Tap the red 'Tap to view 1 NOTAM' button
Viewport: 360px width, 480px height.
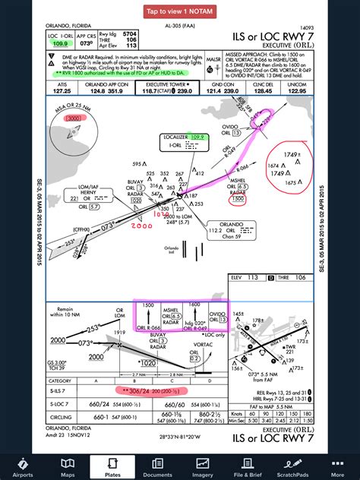[180, 11]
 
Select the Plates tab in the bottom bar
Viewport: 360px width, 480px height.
[112, 466]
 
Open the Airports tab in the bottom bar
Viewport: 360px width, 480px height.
[22, 466]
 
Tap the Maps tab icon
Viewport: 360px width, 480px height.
[67, 466]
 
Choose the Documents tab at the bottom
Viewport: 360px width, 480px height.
[157, 466]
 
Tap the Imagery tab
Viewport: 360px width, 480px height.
[203, 466]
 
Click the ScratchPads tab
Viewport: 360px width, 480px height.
[292, 466]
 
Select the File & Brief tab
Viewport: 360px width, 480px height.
[248, 466]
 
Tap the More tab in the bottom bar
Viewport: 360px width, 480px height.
[337, 466]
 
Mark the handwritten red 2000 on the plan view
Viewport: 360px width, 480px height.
[141, 226]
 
